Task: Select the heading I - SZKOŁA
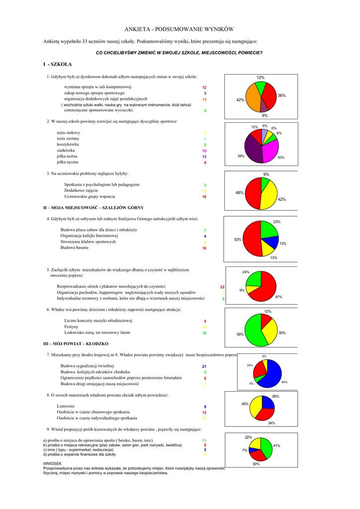coord(58,65)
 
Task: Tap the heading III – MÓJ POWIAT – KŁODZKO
coord(76,343)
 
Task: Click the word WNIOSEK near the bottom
coord(52,463)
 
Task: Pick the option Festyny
coord(72,327)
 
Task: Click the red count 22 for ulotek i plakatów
coord(222,287)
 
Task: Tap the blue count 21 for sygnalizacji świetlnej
coord(204,366)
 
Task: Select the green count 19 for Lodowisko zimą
coord(204,333)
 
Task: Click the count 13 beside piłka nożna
coord(204,157)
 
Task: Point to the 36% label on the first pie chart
coord(281,95)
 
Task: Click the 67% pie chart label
coord(278,297)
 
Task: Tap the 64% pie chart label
coord(284,382)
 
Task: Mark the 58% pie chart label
coord(240,335)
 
